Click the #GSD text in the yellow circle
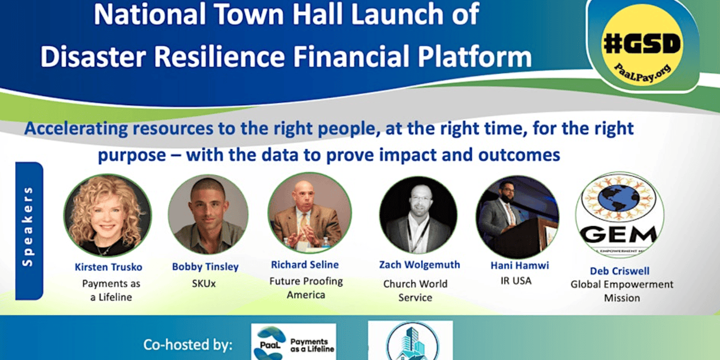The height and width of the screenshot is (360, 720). pyautogui.click(x=642, y=44)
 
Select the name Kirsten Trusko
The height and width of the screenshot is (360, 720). pyautogui.click(x=109, y=267)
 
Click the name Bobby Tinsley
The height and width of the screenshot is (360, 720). pyautogui.click(x=205, y=267)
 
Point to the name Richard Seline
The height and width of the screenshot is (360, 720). pyautogui.click(x=305, y=264)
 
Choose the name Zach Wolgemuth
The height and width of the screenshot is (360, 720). pyautogui.click(x=420, y=264)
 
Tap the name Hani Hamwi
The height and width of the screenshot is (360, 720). pyautogui.click(x=519, y=265)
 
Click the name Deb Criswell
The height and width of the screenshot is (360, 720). pyautogui.click(x=619, y=271)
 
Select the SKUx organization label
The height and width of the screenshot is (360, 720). pyautogui.click(x=204, y=283)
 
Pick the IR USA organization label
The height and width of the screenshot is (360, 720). pyautogui.click(x=516, y=281)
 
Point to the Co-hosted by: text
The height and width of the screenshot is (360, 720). pyautogui.click(x=188, y=345)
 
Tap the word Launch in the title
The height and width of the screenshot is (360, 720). pyautogui.click(x=397, y=14)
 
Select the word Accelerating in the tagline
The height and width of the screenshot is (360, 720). pyautogui.click(x=76, y=129)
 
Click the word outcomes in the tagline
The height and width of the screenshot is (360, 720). pyautogui.click(x=519, y=155)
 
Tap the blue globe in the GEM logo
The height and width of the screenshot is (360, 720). pyautogui.click(x=618, y=197)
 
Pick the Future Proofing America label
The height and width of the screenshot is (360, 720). pyautogui.click(x=306, y=287)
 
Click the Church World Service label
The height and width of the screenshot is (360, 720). pyautogui.click(x=415, y=291)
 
